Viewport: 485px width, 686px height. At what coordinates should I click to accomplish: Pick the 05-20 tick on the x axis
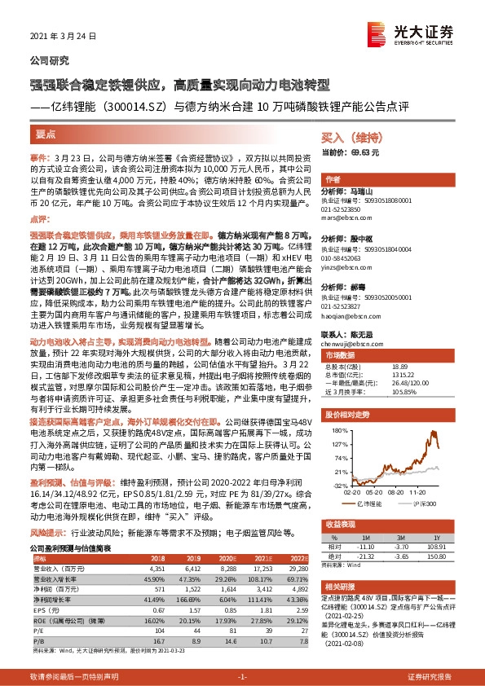[374, 491]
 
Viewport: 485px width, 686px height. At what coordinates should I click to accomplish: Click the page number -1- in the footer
[241, 677]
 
